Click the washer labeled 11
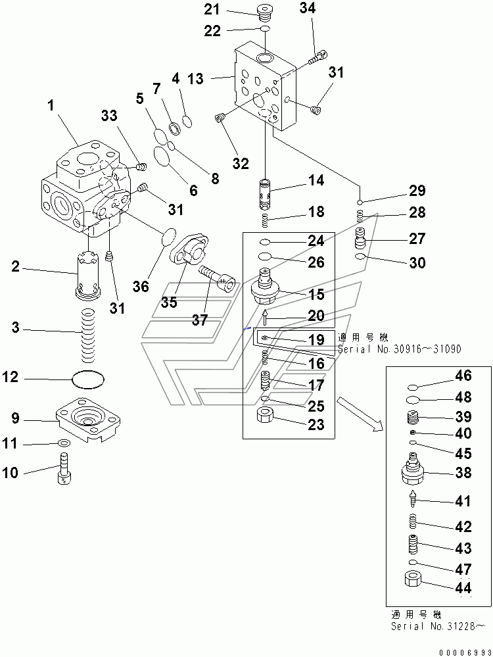(64, 445)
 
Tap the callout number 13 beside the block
(195, 79)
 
